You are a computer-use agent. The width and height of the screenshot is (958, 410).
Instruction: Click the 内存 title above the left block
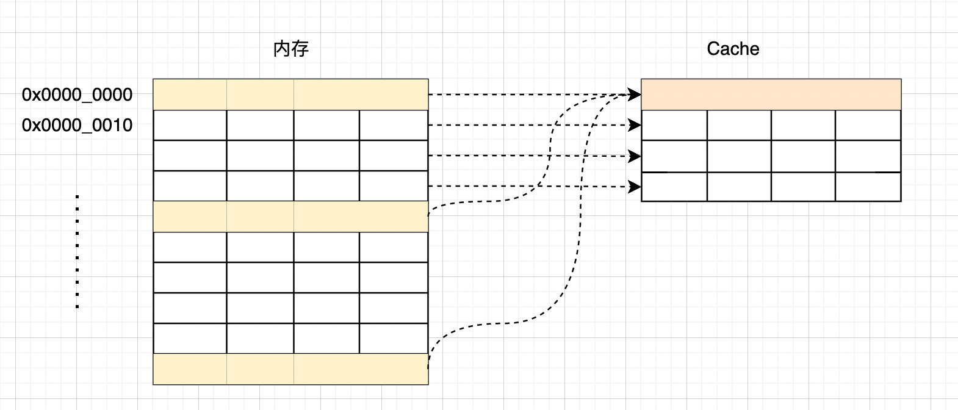tap(291, 49)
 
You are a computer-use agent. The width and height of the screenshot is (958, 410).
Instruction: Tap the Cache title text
tap(733, 49)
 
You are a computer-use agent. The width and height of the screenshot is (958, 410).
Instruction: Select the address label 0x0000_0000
tap(77, 95)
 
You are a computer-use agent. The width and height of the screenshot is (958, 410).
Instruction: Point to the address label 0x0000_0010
tap(77, 125)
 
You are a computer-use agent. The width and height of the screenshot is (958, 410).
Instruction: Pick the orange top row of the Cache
tap(771, 95)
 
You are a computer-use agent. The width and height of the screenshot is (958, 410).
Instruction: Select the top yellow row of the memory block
tap(290, 95)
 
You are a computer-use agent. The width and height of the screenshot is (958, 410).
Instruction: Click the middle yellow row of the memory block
tap(290, 217)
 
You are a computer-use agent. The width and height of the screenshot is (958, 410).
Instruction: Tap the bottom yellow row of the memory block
tap(290, 369)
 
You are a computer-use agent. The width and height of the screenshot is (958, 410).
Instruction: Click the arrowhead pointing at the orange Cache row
tap(635, 95)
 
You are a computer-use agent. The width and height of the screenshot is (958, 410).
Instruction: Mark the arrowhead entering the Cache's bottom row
tap(635, 186)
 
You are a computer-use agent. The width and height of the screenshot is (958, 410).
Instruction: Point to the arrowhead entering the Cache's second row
tap(635, 125)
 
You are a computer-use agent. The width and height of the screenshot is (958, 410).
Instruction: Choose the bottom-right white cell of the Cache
tap(868, 187)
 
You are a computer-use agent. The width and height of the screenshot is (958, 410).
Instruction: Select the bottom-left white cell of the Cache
tap(674, 187)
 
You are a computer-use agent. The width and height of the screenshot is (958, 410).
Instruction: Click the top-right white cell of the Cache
tap(868, 125)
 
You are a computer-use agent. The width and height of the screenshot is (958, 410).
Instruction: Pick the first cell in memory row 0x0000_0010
tap(190, 125)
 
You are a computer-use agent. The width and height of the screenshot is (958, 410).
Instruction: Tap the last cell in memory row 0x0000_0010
tap(394, 125)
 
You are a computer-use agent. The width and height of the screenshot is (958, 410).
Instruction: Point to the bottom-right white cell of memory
tap(394, 339)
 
